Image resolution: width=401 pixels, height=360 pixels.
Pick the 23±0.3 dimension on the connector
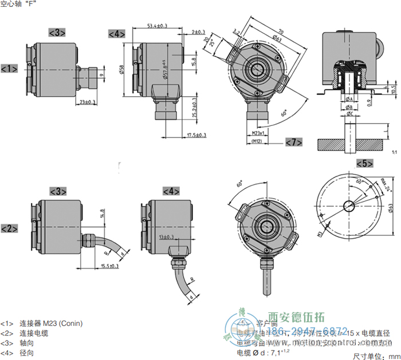88,102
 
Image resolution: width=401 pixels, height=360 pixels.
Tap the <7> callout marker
293,141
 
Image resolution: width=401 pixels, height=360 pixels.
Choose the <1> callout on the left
9,69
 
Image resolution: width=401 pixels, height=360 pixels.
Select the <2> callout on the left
9,229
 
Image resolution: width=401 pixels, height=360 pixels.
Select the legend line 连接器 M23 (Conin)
51,323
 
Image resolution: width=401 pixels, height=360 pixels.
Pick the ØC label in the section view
349,114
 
